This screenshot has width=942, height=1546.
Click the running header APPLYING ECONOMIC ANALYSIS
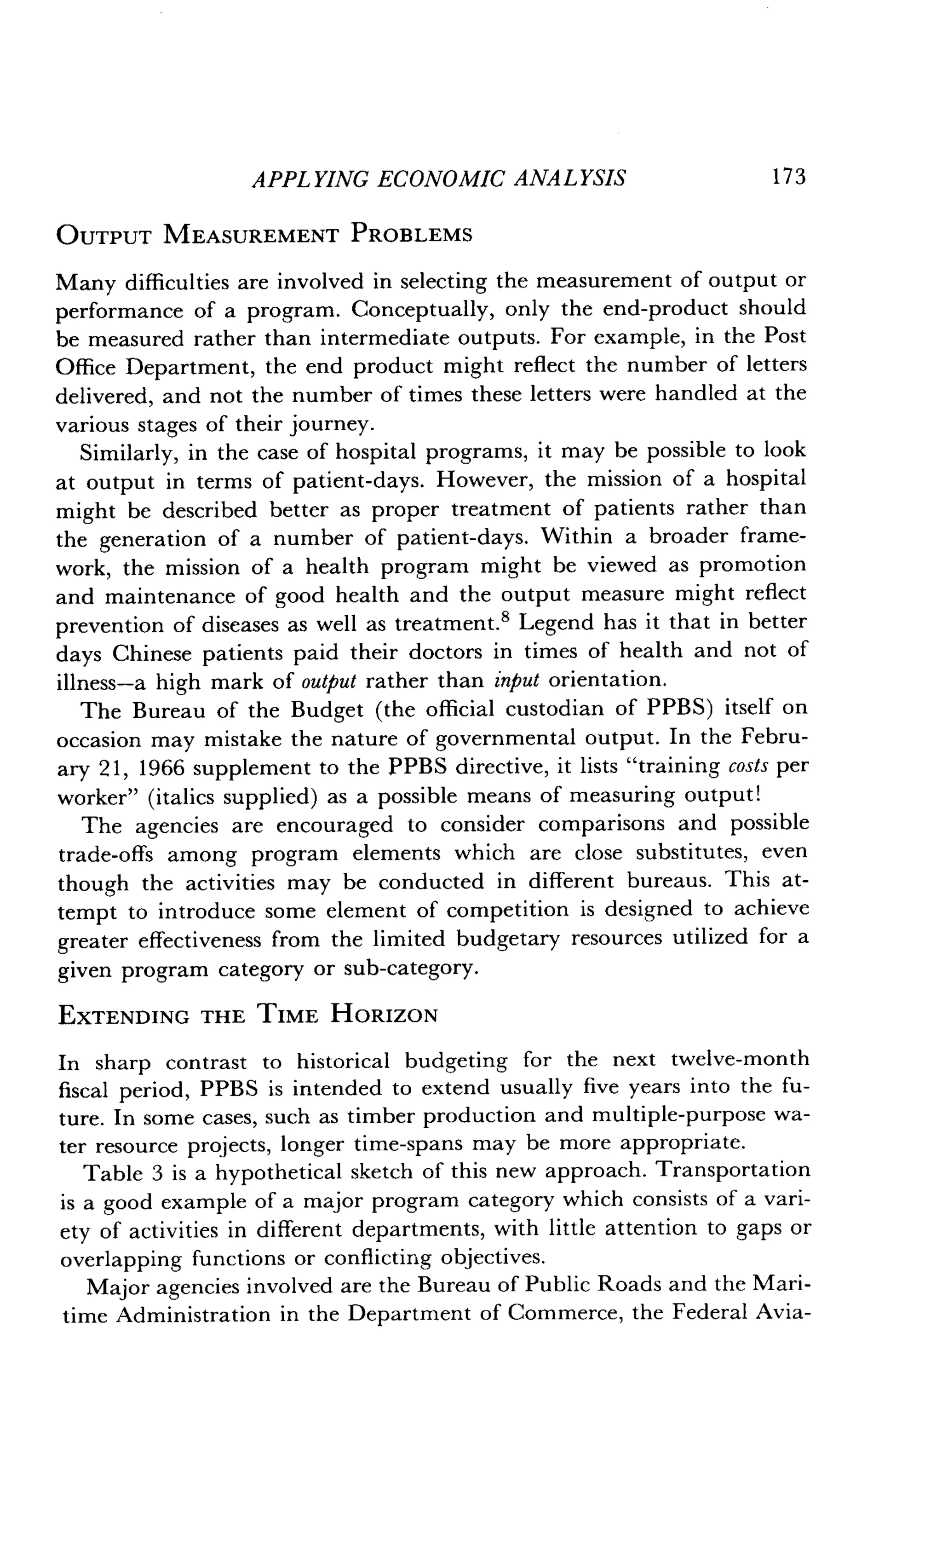[x=438, y=179]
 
